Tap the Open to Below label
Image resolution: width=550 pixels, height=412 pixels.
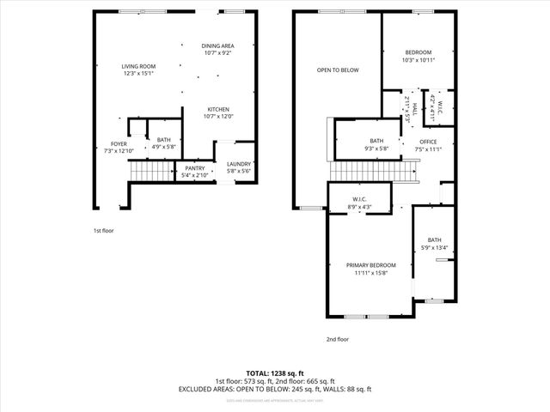coord(337,70)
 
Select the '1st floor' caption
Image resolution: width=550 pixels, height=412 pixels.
coord(104,231)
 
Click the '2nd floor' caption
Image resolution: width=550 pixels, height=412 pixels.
coord(338,340)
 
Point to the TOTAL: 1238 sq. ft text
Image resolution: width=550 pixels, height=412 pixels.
coord(275,373)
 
